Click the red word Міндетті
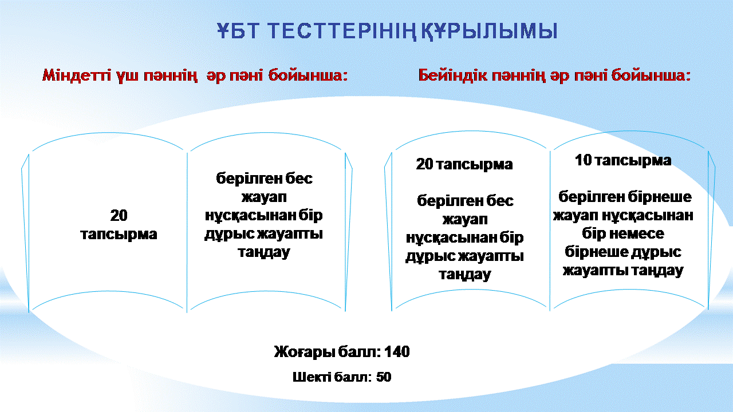77,75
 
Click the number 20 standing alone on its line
119,216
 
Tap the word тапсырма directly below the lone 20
119,234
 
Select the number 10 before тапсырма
584,160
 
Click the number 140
397,352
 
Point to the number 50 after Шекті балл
384,377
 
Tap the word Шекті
312,377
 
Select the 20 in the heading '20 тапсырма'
424,164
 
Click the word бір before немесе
594,234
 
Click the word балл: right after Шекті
353,377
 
